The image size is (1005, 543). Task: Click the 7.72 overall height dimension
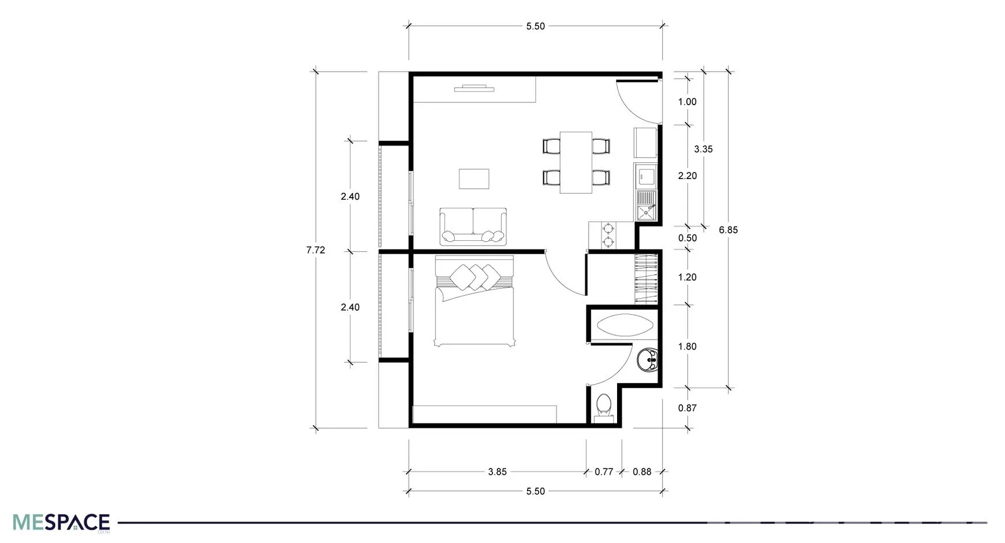click(316, 250)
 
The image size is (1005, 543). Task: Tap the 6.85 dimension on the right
click(728, 230)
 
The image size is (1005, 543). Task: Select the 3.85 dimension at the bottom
click(497, 472)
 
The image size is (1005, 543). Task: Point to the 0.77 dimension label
click(604, 472)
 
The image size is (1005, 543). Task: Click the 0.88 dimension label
click(642, 472)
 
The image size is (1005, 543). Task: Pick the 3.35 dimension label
click(703, 149)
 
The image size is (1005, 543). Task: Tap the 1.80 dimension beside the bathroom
click(687, 347)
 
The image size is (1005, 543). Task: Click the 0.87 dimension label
click(687, 408)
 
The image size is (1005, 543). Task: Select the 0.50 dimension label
click(687, 238)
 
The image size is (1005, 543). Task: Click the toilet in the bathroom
click(604, 406)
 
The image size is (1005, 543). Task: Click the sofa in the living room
click(473, 226)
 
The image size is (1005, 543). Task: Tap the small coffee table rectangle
click(474, 178)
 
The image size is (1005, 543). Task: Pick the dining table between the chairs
click(576, 162)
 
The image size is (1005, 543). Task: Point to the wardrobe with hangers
click(646, 279)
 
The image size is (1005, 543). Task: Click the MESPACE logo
click(61, 522)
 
